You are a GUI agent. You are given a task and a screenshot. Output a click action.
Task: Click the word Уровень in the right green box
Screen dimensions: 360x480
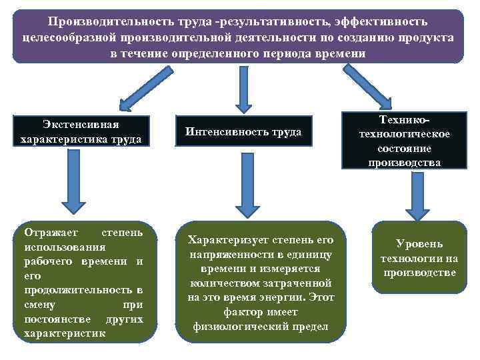coord(419,244)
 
